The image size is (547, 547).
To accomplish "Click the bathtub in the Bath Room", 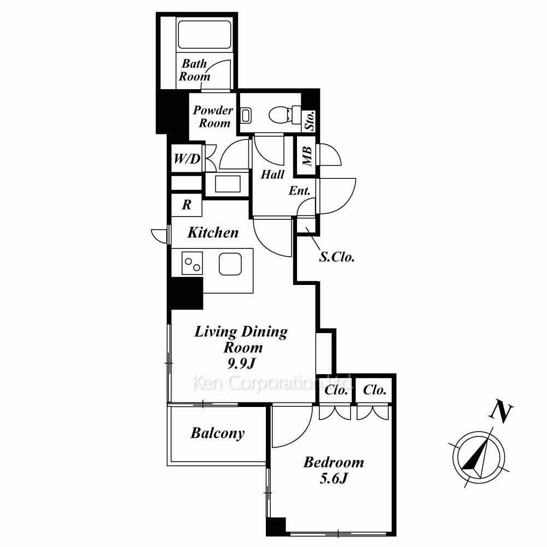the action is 205,35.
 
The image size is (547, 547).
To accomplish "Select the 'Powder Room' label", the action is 213,117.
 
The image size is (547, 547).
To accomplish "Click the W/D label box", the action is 187,159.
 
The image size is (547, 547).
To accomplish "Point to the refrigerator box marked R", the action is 187,205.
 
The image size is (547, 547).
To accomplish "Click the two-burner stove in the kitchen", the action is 192,263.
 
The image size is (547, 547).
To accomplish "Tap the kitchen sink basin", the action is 230,264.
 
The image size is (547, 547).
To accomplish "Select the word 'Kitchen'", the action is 213,232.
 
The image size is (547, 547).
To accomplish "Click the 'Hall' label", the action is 272,174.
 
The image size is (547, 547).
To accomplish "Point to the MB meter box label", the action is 307,155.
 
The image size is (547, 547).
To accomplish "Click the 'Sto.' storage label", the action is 310,121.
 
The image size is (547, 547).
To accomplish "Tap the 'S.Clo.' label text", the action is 337,257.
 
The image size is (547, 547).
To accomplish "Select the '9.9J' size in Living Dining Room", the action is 241,364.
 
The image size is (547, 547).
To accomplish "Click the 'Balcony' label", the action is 218,433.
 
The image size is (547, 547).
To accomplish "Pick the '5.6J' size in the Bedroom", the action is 334,478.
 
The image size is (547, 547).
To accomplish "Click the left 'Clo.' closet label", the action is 336,390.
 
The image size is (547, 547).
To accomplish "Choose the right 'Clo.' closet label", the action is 375,389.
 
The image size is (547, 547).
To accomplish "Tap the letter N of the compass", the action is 501,414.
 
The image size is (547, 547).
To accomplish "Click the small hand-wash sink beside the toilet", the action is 246,115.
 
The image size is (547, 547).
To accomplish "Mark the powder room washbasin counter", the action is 228,184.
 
